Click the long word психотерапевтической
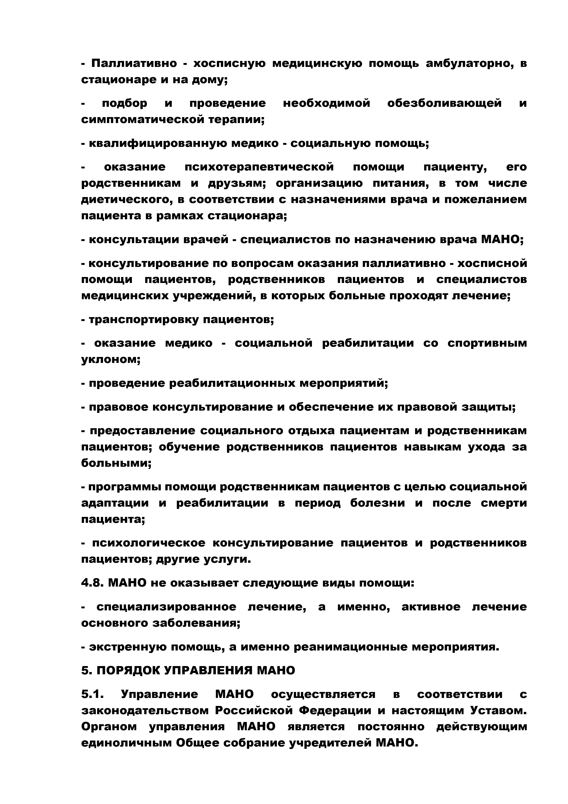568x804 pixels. [259, 167]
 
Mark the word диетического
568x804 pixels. [131, 200]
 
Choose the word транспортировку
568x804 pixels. [143, 320]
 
